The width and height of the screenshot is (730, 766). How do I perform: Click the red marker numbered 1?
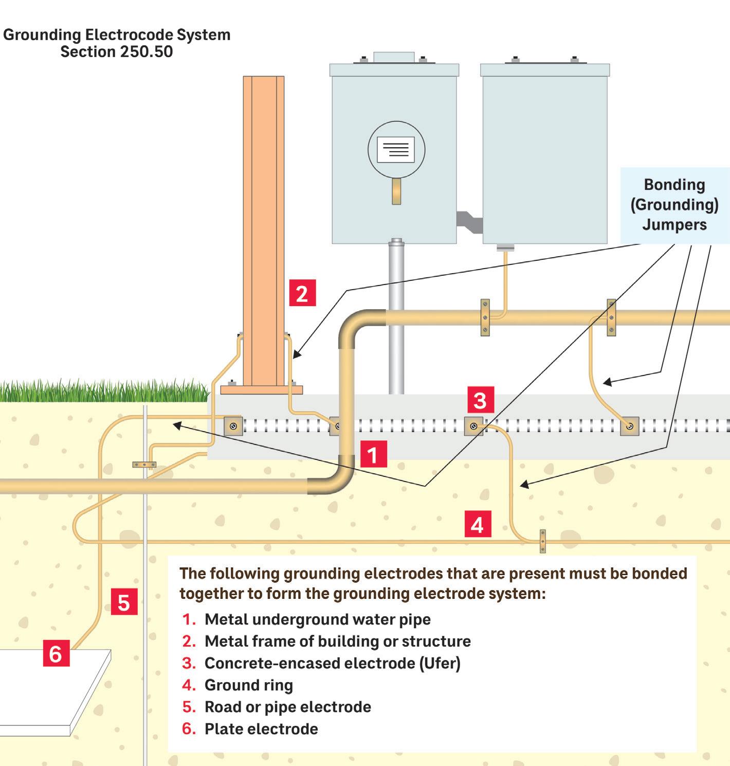click(373, 454)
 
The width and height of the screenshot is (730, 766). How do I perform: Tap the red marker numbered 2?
click(302, 293)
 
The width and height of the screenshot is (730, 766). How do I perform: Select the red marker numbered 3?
click(480, 400)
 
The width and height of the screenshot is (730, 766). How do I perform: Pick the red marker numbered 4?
click(478, 524)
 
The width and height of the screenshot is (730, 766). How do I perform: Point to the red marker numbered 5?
click(124, 601)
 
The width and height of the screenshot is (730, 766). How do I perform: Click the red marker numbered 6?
click(56, 653)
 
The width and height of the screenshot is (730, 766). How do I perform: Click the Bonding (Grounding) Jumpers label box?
click(674, 205)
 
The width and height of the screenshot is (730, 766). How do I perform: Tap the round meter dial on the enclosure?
click(396, 149)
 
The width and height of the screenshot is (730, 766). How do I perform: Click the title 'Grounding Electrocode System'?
click(117, 34)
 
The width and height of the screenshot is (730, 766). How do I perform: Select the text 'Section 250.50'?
click(117, 52)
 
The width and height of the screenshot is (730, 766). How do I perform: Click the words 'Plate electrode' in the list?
click(261, 728)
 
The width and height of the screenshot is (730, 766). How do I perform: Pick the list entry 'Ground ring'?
click(249, 685)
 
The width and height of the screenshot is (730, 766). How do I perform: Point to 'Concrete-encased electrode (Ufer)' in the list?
click(332, 663)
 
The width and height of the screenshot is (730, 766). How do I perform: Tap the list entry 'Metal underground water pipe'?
click(317, 619)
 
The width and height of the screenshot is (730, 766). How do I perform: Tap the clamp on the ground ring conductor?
click(542, 541)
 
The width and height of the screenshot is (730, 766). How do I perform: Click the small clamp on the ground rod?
click(144, 465)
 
